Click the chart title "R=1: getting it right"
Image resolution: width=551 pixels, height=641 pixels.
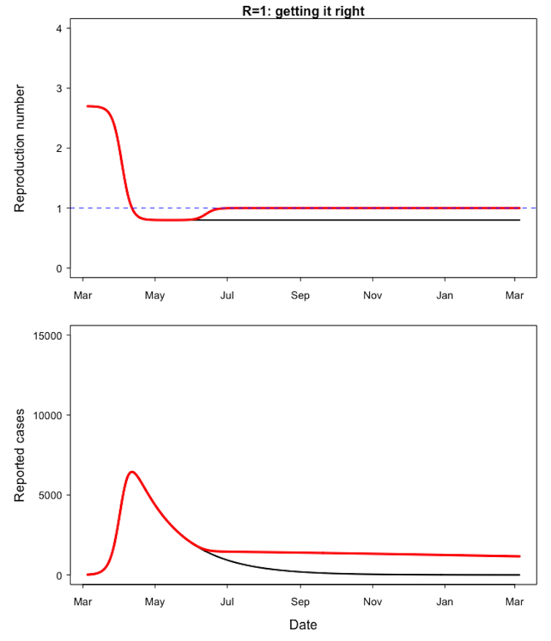pyautogui.click(x=303, y=11)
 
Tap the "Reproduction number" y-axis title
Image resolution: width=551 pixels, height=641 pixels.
pyautogui.click(x=20, y=148)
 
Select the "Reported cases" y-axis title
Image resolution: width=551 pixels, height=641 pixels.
pyautogui.click(x=20, y=455)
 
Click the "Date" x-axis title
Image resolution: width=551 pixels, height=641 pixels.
pyautogui.click(x=303, y=625)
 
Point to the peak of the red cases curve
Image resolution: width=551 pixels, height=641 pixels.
pyautogui.click(x=132, y=472)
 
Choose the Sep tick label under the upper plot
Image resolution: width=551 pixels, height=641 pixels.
pyautogui.click(x=300, y=296)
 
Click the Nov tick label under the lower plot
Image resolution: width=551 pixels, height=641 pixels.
pyautogui.click(x=373, y=602)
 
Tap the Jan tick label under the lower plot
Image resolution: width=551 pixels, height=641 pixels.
pyautogui.click(x=444, y=602)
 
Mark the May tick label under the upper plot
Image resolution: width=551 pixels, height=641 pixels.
pyautogui.click(x=155, y=296)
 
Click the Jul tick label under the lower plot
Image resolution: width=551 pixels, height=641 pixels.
pyautogui.click(x=227, y=602)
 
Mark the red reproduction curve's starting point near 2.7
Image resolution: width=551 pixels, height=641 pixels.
pyautogui.click(x=88, y=106)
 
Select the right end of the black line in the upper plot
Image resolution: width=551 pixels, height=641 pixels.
pyautogui.click(x=520, y=220)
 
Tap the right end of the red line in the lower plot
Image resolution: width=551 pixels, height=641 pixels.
pyautogui.click(x=520, y=556)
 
